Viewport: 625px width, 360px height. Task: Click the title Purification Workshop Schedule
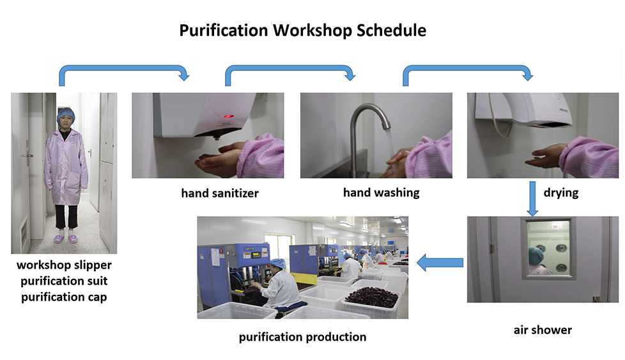(x=302, y=31)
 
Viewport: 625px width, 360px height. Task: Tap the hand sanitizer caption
(x=220, y=193)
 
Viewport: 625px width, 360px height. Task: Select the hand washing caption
(x=382, y=193)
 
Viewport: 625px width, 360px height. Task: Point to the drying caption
(x=561, y=193)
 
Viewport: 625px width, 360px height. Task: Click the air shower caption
(x=543, y=330)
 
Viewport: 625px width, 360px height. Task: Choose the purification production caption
(x=302, y=337)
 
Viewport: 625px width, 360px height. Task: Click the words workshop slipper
(x=64, y=265)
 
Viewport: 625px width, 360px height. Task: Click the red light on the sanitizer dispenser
(x=228, y=116)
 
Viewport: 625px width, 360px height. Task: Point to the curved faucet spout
(x=369, y=112)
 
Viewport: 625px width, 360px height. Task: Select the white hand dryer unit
(x=523, y=109)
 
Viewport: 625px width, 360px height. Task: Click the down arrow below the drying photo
(x=532, y=199)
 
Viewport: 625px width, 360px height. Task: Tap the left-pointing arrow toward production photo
(x=440, y=263)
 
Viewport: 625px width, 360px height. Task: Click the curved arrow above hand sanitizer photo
(x=123, y=68)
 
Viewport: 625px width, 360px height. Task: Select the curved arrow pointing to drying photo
(x=468, y=68)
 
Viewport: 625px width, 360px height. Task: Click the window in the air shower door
(x=549, y=248)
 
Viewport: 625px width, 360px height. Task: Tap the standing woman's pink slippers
(x=65, y=239)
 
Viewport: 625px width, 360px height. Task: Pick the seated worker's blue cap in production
(x=278, y=263)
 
